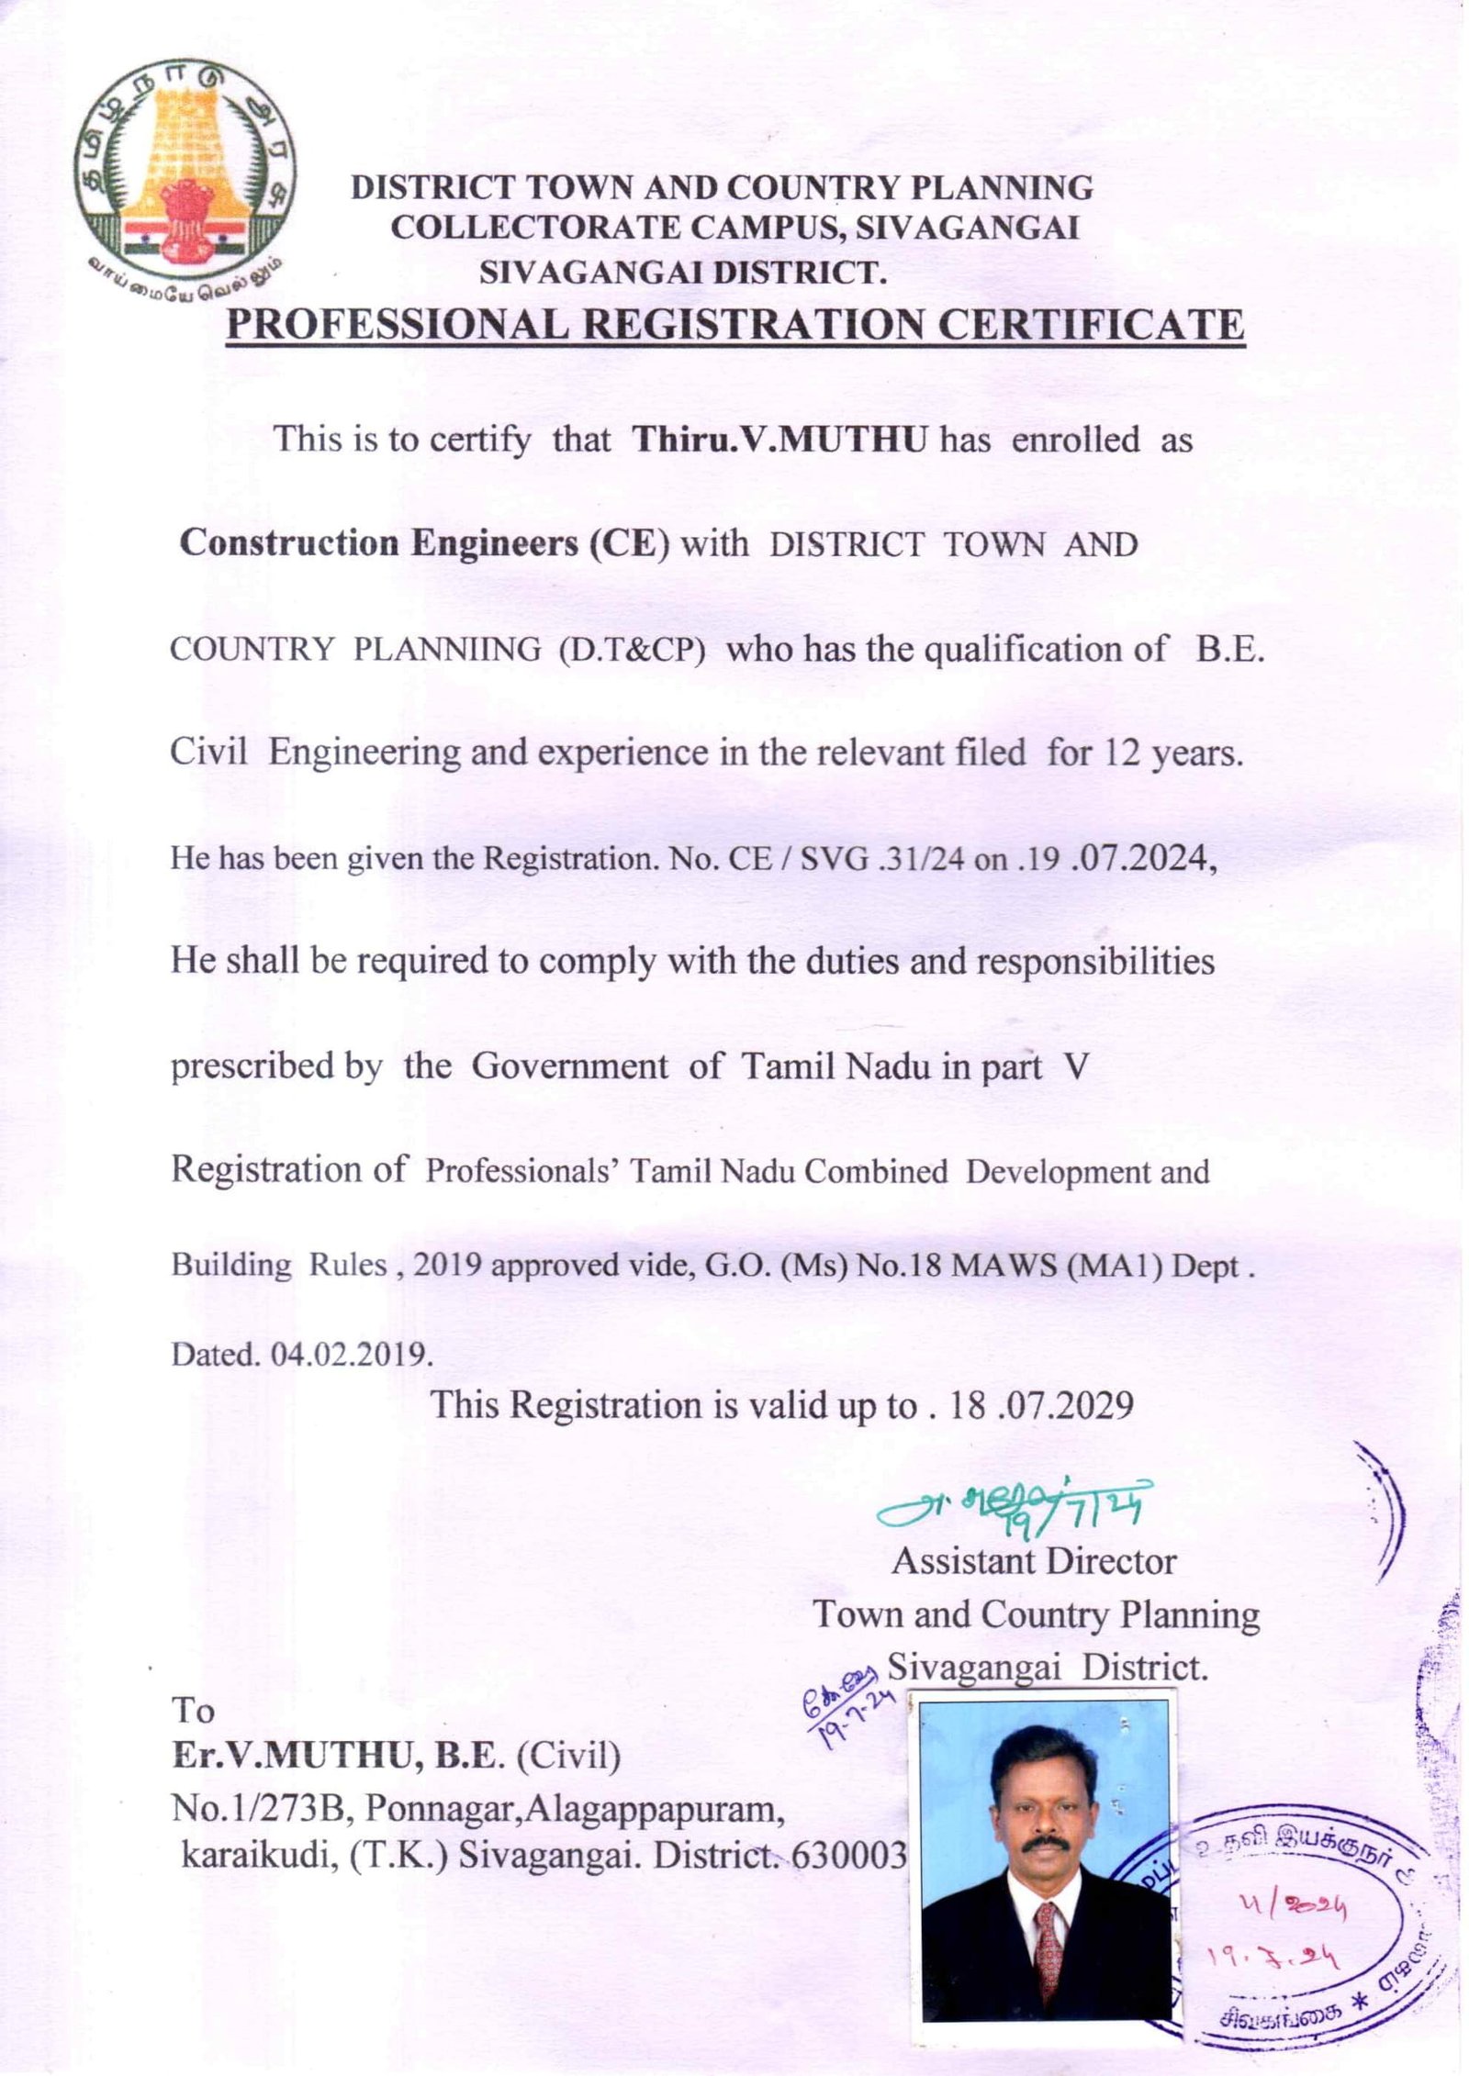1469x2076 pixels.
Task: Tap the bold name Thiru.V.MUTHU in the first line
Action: pos(779,440)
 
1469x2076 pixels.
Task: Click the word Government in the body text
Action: pos(569,1066)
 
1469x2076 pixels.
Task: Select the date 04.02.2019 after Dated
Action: pos(351,1355)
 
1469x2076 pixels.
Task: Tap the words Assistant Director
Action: pos(1033,1561)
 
